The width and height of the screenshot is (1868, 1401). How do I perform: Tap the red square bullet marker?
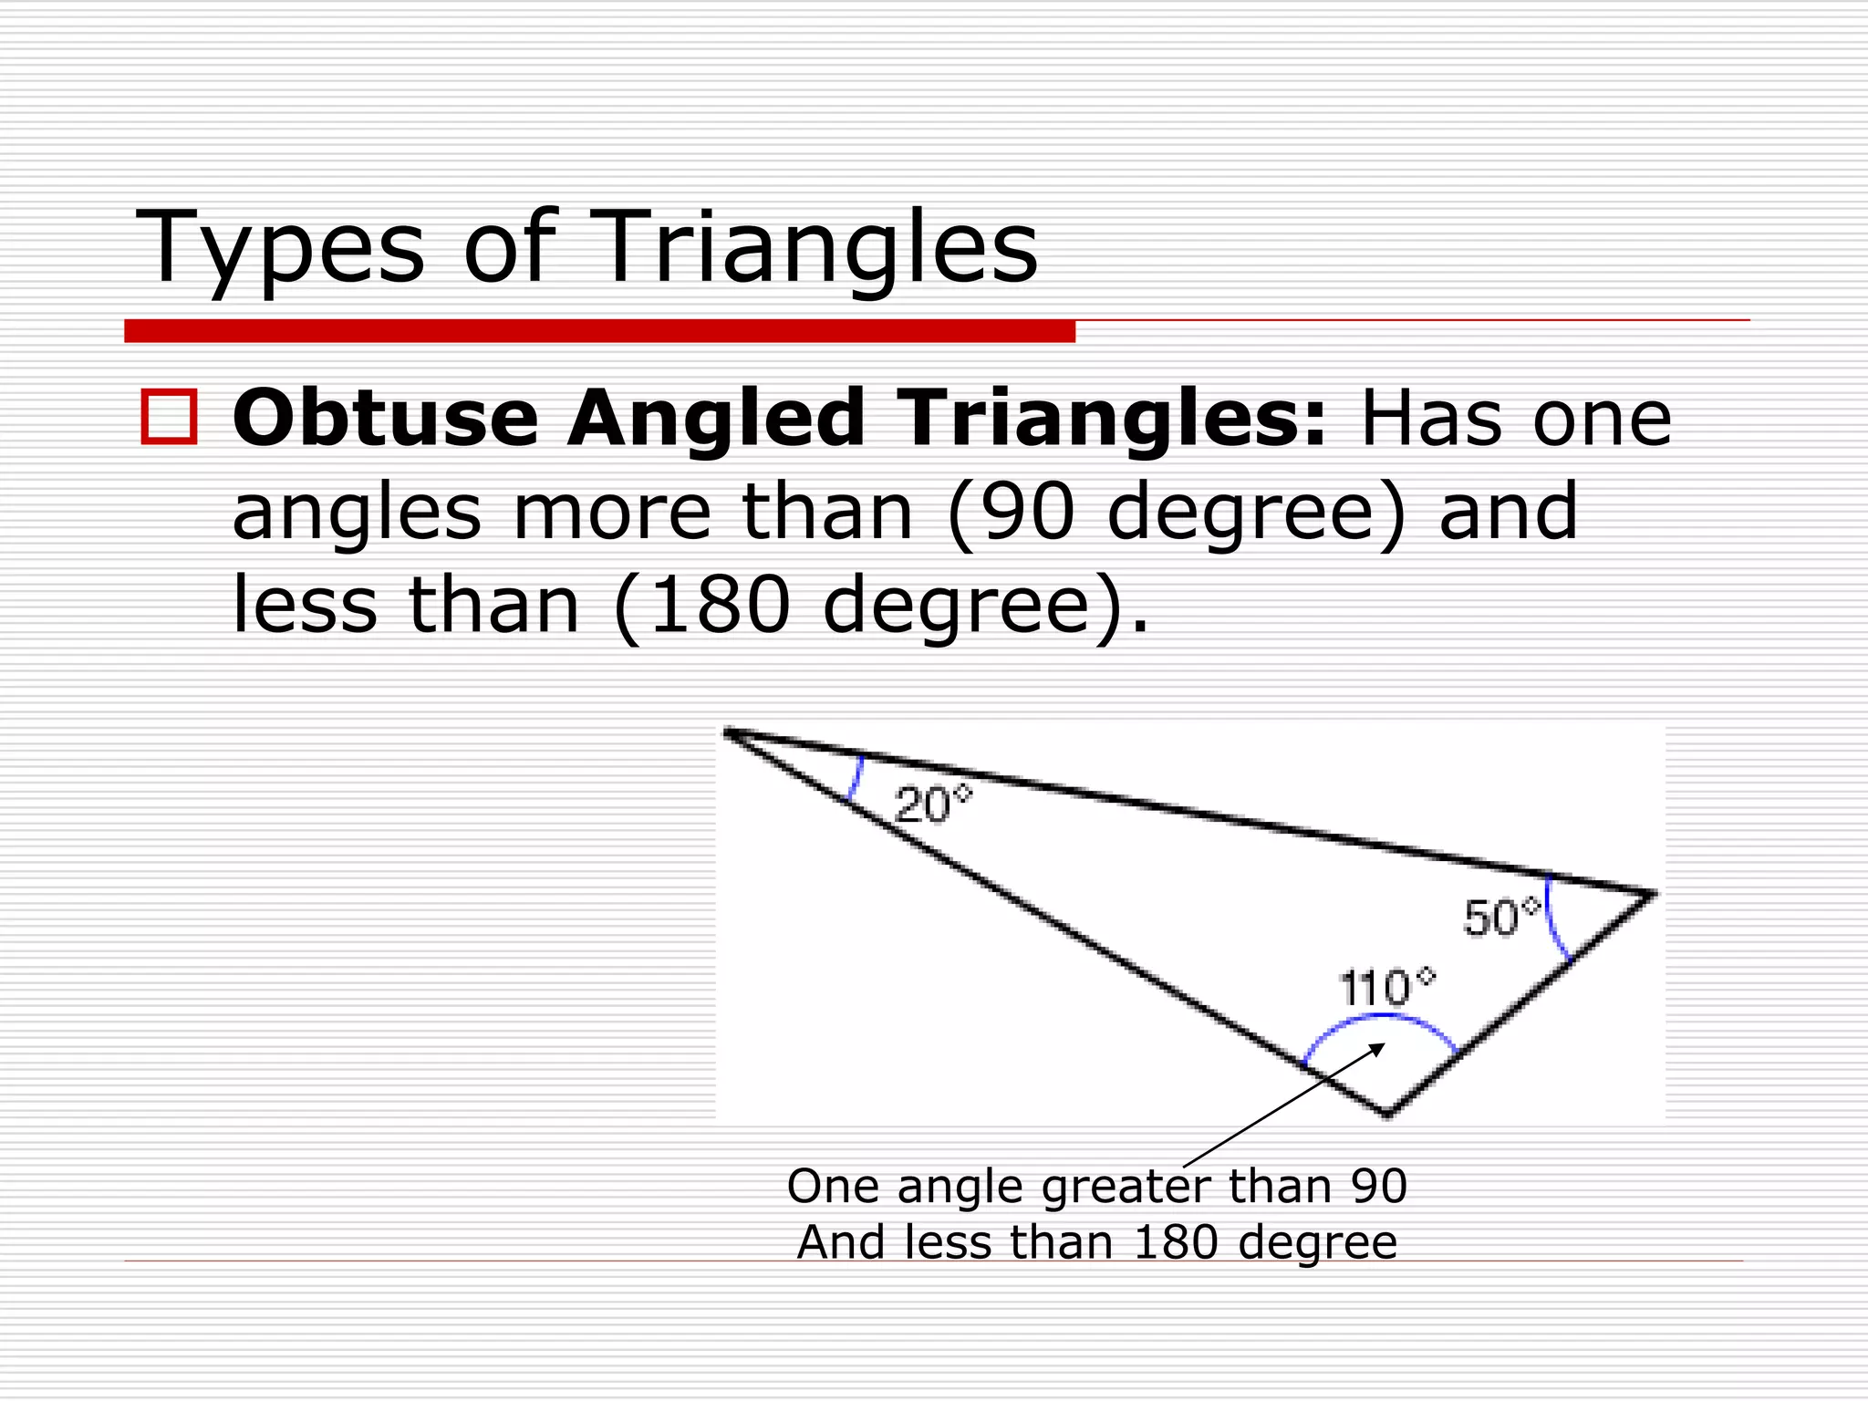click(x=169, y=417)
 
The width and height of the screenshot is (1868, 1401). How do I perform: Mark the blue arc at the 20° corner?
click(x=856, y=778)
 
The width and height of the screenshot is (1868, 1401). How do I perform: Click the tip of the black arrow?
click(x=1383, y=1045)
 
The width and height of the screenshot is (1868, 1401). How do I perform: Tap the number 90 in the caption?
click(x=1378, y=1186)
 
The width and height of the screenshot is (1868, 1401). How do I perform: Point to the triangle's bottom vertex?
click(x=1387, y=1114)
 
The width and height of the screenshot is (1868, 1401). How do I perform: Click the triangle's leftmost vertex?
click(x=727, y=732)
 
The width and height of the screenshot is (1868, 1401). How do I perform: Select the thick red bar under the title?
click(x=599, y=331)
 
